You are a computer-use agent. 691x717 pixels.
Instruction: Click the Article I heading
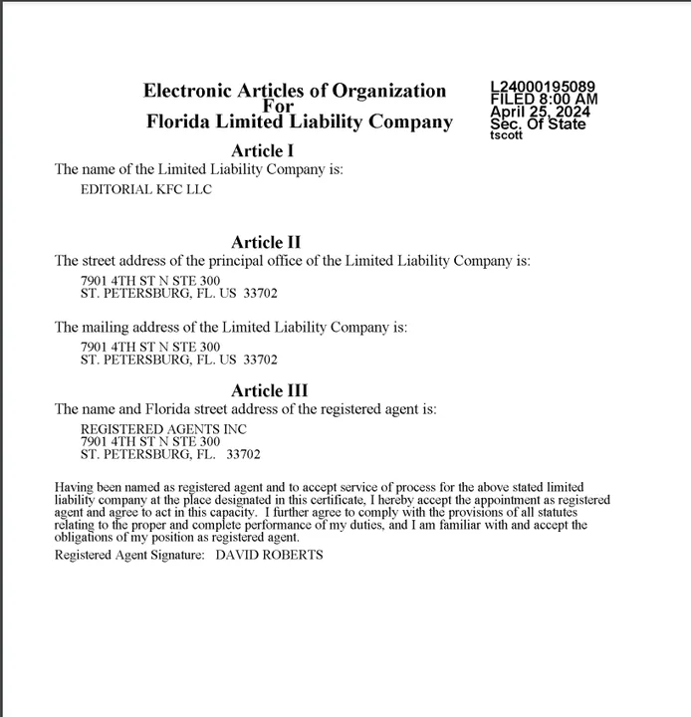[x=263, y=151]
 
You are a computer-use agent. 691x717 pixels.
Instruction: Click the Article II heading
[x=266, y=242]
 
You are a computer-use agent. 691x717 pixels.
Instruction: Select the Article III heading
[x=269, y=390]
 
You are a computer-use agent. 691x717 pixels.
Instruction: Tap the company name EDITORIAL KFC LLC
[x=145, y=189]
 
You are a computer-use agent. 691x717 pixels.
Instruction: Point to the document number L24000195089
[x=543, y=88]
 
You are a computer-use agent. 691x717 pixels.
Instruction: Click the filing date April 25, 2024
[x=540, y=113]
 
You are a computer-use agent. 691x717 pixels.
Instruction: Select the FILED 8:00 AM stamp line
[x=544, y=100]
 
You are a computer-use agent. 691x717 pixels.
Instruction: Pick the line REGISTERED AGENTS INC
[x=163, y=428]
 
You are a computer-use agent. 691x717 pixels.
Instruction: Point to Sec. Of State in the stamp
[x=538, y=124]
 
